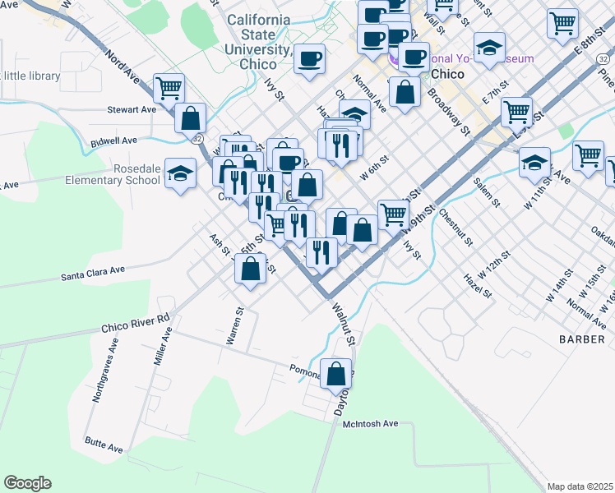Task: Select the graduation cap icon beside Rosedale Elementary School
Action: [181, 173]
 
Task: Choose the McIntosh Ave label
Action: [370, 423]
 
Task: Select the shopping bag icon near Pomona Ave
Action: [335, 374]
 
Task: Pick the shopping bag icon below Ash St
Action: [250, 268]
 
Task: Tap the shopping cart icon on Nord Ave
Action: [169, 88]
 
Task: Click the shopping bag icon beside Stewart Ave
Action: [190, 117]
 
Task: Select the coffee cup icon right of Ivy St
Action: [309, 59]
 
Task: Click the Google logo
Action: [27, 483]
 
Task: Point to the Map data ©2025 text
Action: [580, 486]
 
